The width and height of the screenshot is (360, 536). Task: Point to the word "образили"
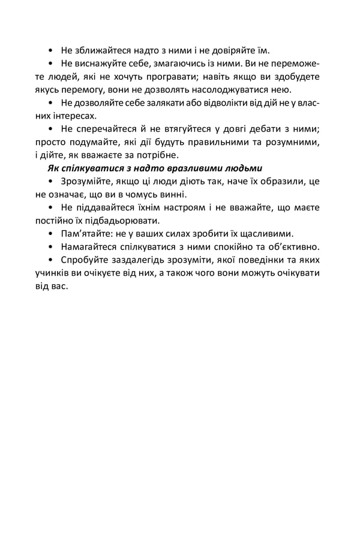[283, 182]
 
